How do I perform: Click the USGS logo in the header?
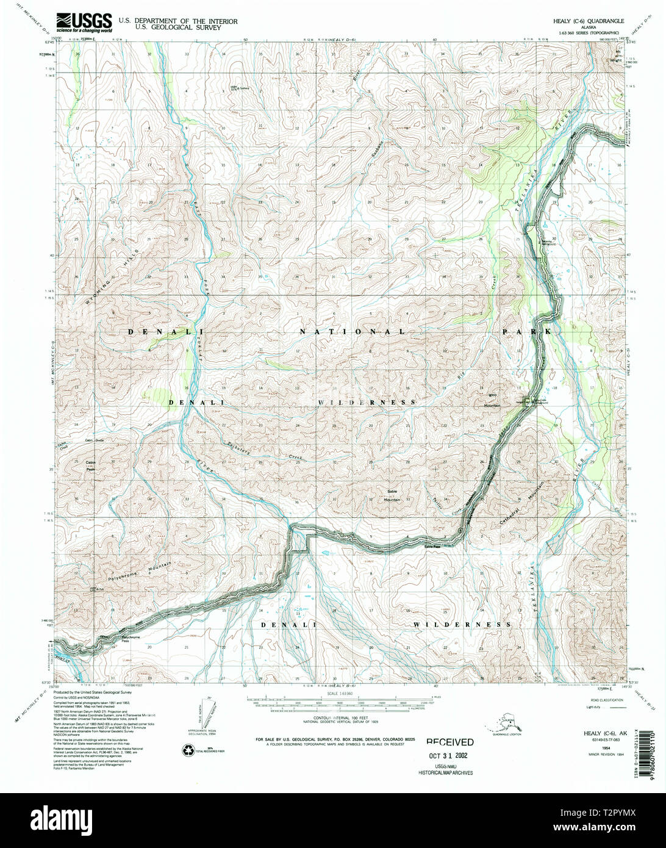click(x=84, y=23)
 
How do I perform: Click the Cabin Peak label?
click(x=91, y=465)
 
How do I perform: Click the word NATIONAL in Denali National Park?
click(x=352, y=331)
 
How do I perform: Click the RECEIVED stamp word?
click(x=449, y=742)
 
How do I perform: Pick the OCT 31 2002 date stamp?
click(x=449, y=755)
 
